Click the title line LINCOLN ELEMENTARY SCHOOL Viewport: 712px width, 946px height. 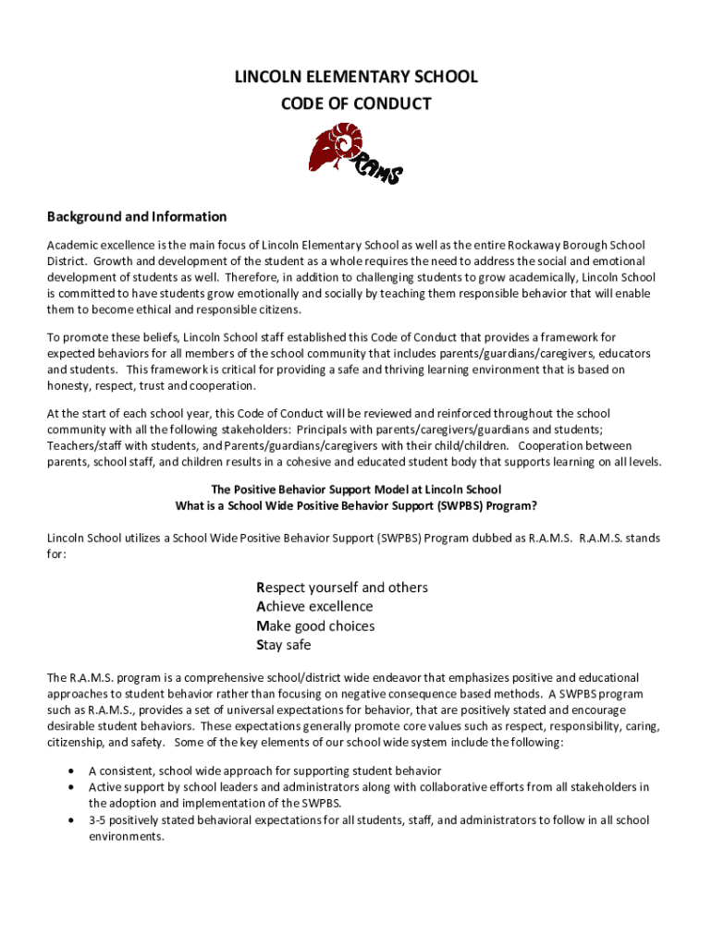click(356, 77)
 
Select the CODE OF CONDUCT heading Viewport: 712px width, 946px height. click(356, 103)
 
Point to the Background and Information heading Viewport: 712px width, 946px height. click(137, 217)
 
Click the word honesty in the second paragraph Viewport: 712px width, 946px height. click(69, 385)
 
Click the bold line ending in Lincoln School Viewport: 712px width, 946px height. click(356, 490)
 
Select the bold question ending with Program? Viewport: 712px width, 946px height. click(356, 505)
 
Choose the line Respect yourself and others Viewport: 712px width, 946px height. click(341, 588)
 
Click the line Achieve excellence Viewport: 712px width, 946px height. click(314, 607)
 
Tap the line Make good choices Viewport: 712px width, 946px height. click(315, 626)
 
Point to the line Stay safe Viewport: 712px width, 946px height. click(283, 646)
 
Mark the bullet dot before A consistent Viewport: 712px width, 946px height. click(71, 770)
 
